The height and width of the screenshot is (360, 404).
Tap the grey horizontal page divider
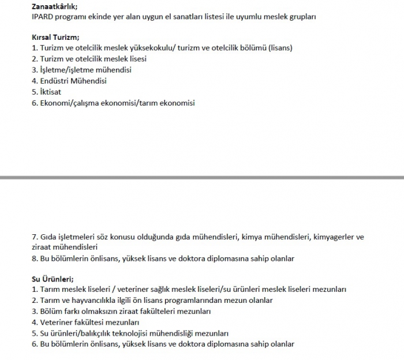coord(202,177)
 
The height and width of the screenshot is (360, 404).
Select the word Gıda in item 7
coord(48,237)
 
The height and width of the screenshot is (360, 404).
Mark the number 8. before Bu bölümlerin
coord(35,258)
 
